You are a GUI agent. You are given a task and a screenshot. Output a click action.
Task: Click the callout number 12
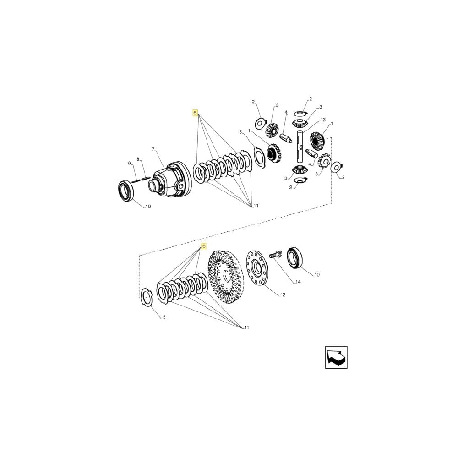point(283,294)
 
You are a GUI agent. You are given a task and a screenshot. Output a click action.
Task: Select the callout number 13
point(323,120)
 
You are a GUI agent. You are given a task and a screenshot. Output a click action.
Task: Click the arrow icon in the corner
point(336,357)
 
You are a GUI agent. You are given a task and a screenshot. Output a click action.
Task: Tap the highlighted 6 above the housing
point(195,113)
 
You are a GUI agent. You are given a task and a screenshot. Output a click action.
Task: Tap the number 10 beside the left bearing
point(148,207)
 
